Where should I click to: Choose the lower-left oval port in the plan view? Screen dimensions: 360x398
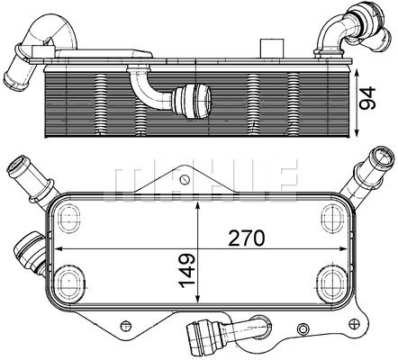tap(69, 279)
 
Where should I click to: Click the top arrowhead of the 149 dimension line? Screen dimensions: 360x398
tap(201, 197)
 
